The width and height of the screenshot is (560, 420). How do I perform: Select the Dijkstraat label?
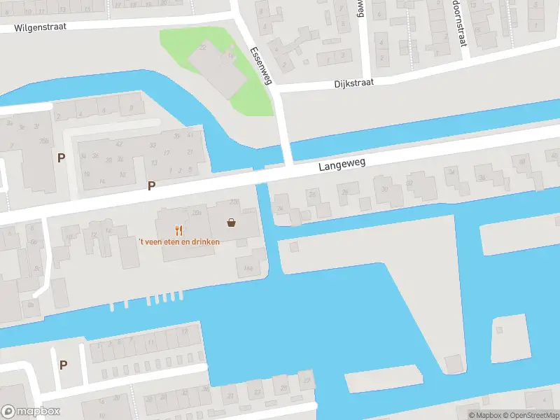(353, 82)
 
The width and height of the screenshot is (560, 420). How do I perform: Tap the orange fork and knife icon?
(178, 229)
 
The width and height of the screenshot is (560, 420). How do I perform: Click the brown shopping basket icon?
(231, 223)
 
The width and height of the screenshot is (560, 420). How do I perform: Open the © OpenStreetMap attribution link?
(533, 415)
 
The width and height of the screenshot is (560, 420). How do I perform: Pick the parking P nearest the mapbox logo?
(63, 365)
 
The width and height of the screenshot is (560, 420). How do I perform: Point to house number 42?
(120, 144)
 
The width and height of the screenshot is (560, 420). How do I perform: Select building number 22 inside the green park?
(203, 48)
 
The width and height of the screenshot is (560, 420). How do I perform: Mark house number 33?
(151, 145)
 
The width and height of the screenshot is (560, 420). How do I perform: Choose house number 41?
(190, 135)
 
